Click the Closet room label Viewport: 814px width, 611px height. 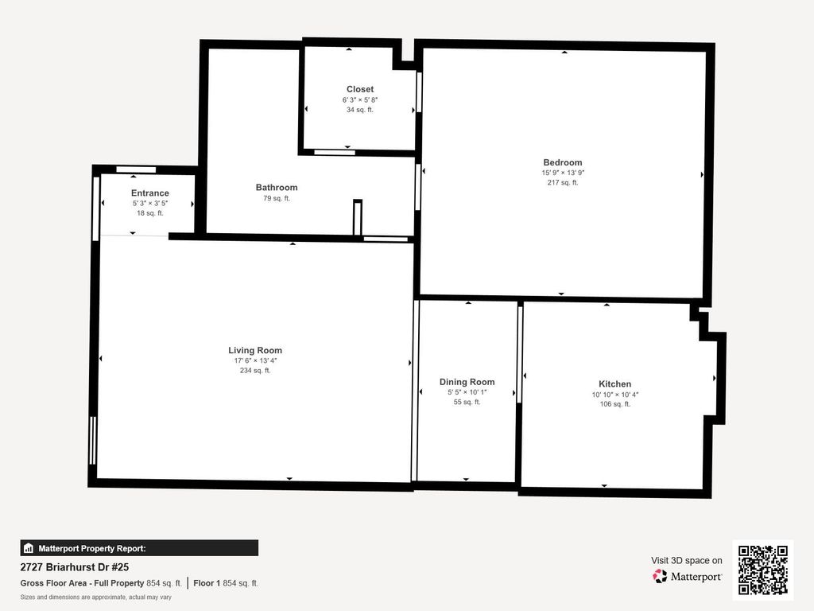point(360,89)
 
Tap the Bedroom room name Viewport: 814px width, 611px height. point(563,162)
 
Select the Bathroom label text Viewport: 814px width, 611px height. point(277,188)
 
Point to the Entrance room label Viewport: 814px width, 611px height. point(150,193)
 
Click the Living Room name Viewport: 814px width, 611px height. point(255,351)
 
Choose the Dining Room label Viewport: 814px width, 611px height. point(467,382)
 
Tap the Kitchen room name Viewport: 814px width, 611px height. point(615,384)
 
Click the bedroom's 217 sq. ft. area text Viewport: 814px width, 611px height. point(563,183)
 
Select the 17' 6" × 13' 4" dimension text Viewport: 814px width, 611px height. point(255,360)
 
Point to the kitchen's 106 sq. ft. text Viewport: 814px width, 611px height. point(615,404)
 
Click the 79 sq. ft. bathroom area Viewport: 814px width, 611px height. point(277,198)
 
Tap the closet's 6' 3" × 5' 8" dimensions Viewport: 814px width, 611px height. point(360,99)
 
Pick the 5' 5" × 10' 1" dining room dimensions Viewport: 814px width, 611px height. point(467,392)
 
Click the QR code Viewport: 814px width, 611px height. point(763,570)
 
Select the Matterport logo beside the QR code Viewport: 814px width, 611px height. point(687,576)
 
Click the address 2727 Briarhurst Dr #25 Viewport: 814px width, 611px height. point(74,567)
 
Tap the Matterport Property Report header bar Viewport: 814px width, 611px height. point(139,548)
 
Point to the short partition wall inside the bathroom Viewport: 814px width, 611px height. point(357,218)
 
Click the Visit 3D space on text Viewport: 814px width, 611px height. point(687,561)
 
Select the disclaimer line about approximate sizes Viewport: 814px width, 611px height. point(95,597)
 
